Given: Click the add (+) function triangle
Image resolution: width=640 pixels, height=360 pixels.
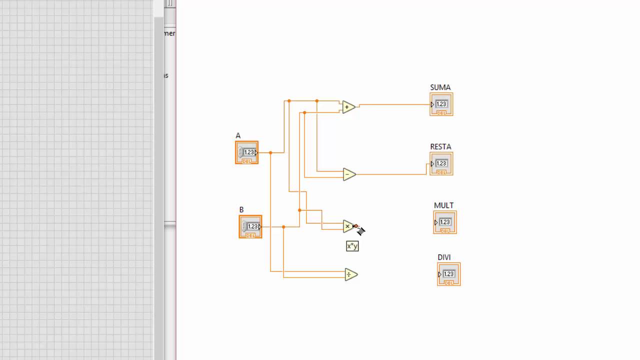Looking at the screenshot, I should [x=348, y=107].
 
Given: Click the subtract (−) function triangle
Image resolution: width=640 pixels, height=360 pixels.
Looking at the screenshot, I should [x=348, y=174].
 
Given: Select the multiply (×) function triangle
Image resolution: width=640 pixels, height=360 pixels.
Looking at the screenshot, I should [x=348, y=226].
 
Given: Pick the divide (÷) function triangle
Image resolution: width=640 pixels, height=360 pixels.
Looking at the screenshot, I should [x=350, y=274].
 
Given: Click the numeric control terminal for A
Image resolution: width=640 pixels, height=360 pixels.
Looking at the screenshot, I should [x=247, y=152].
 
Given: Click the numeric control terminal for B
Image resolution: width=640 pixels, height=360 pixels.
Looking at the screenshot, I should [x=250, y=226].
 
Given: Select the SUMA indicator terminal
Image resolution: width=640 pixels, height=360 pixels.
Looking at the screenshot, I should [x=441, y=104].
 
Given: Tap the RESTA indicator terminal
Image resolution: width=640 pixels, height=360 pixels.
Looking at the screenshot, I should [x=441, y=163].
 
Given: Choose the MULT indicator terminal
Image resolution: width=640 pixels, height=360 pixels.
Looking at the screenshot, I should [x=445, y=222].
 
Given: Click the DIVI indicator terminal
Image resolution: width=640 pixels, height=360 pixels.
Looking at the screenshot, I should [x=449, y=274].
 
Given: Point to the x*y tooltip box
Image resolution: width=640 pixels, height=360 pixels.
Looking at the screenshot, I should [x=352, y=246].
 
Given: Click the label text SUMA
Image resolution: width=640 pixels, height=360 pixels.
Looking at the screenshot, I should [x=440, y=87].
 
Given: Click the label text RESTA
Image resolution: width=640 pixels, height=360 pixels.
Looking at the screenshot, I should [x=440, y=147].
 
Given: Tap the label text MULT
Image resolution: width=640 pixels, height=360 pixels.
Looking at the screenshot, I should [x=443, y=205].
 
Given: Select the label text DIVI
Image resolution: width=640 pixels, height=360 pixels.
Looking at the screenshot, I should [x=444, y=257].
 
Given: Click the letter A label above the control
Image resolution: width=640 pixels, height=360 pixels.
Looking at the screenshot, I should [x=238, y=135].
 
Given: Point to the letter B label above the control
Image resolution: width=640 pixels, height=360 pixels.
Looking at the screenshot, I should [x=241, y=210].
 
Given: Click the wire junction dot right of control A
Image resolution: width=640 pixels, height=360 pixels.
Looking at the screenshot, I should [x=270, y=152].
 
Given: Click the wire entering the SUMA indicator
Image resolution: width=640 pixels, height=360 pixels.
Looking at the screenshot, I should [x=395, y=104].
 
